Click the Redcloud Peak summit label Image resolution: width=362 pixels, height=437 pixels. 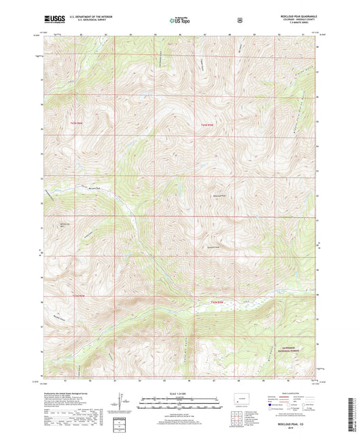(x=215, y=198)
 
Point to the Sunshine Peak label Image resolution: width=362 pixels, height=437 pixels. (x=213, y=247)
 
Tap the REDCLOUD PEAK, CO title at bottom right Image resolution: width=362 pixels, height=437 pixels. (x=298, y=425)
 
